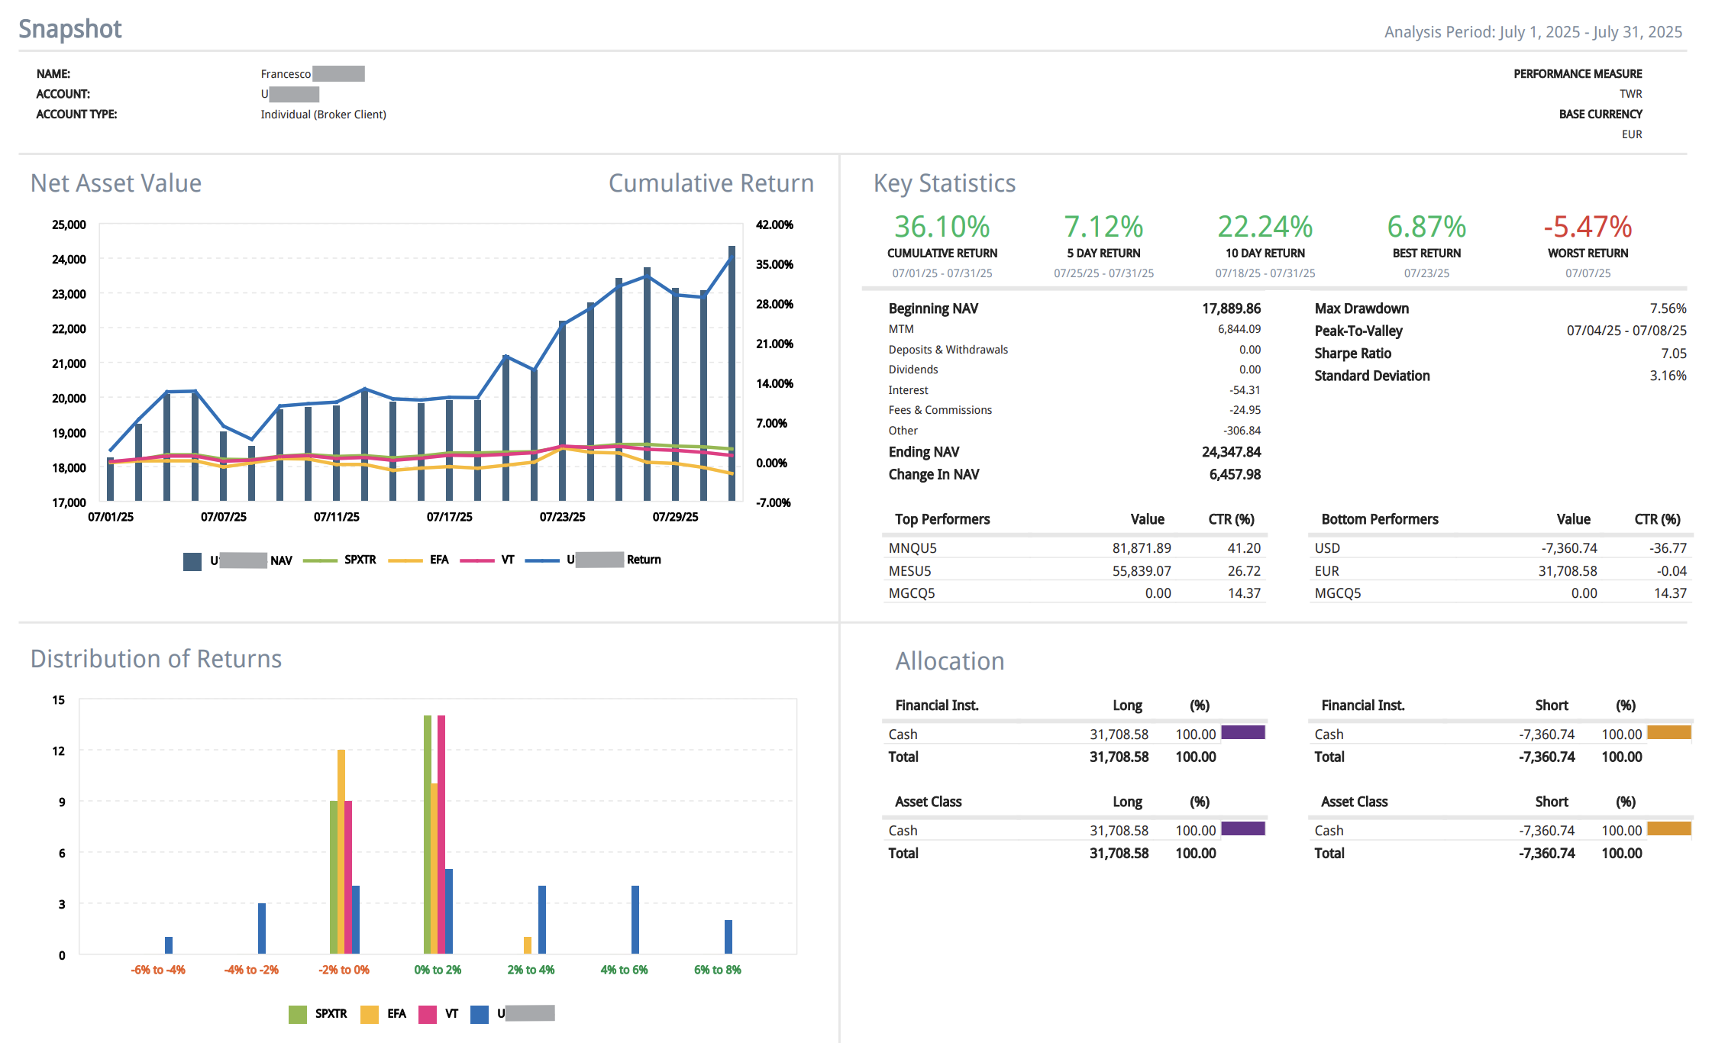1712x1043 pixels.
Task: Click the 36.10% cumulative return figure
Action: tap(942, 227)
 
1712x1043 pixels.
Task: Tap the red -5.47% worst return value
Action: tap(1587, 227)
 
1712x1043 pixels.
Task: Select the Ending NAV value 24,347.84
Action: tap(1230, 452)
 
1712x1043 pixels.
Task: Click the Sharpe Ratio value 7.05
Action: tap(1673, 354)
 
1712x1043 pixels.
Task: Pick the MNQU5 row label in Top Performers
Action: tap(912, 548)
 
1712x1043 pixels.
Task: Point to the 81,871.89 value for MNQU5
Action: tap(1141, 548)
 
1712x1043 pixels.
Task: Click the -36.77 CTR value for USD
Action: tap(1668, 548)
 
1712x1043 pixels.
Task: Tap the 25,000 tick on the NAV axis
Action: tap(69, 224)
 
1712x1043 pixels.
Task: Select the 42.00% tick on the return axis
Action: tap(774, 224)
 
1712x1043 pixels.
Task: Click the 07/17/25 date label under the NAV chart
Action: tap(449, 517)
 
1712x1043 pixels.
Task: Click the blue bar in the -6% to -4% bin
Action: tap(169, 945)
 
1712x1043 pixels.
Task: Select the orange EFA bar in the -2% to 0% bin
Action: tap(341, 851)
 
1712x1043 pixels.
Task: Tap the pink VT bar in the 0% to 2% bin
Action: tap(441, 834)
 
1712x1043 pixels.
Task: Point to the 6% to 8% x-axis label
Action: tap(717, 970)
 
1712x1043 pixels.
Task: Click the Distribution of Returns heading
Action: tap(156, 659)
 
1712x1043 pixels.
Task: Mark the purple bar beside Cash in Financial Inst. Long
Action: tap(1242, 733)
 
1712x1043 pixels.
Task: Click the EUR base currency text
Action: tap(1631, 134)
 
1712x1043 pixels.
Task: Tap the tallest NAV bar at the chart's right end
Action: tap(732, 374)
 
